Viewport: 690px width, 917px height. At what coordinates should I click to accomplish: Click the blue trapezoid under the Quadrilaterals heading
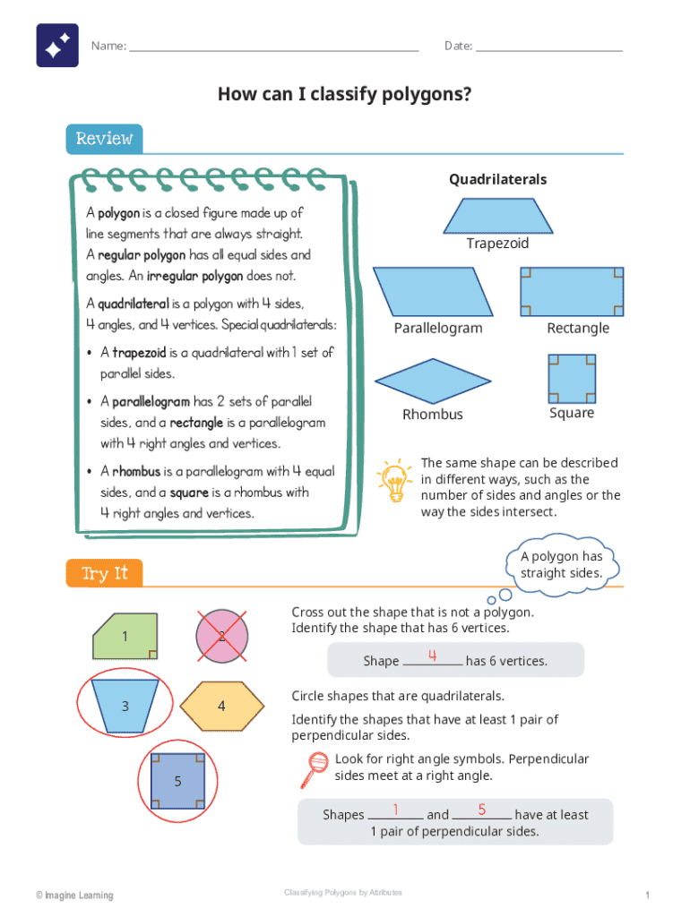[498, 216]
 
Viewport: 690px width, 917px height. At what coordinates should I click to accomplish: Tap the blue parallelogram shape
[433, 292]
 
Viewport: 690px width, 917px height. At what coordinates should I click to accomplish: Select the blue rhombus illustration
[433, 381]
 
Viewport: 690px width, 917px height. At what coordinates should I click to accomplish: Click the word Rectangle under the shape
[578, 328]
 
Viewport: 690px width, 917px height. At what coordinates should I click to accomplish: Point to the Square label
[572, 413]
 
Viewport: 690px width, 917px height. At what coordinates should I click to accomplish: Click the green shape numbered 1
[125, 637]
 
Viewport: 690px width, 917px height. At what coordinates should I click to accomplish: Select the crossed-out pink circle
[222, 637]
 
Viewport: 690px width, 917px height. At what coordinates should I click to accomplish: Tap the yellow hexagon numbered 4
[222, 706]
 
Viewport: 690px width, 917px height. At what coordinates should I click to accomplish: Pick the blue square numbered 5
[178, 781]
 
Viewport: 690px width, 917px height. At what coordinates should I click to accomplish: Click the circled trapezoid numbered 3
[125, 706]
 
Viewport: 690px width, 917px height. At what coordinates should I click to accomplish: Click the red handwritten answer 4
[433, 655]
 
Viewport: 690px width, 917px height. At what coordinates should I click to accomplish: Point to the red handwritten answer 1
[395, 810]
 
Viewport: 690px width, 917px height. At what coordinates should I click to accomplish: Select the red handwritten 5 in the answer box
[481, 810]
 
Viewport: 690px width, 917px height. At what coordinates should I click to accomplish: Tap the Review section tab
[104, 139]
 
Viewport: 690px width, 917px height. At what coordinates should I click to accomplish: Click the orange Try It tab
[104, 573]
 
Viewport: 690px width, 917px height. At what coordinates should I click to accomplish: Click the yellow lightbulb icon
[394, 481]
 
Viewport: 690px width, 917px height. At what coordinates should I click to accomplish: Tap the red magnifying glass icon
[315, 769]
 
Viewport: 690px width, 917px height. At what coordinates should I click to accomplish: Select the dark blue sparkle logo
[57, 45]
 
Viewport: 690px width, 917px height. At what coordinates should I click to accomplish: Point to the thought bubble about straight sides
[562, 565]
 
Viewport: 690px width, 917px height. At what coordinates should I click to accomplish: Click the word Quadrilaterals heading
[498, 179]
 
